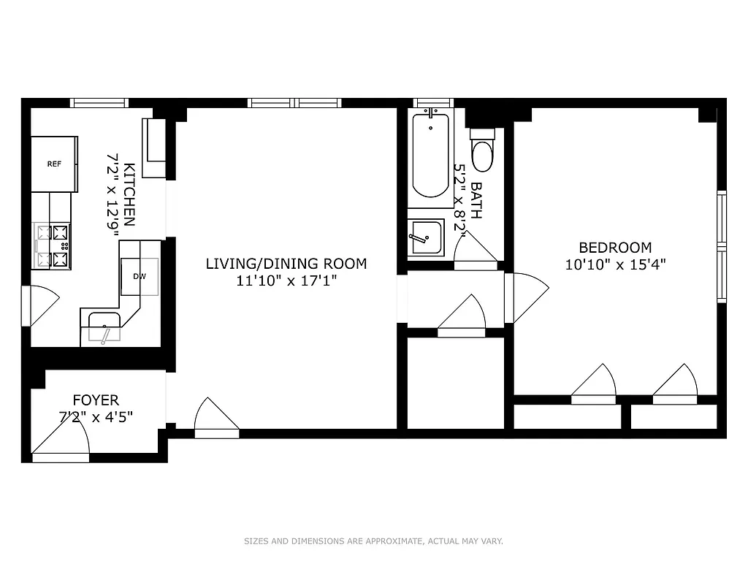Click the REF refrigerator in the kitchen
click(x=54, y=164)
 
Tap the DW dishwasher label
click(x=139, y=277)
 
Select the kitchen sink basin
click(x=104, y=327)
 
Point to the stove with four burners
click(x=53, y=246)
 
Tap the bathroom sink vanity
click(x=425, y=237)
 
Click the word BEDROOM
click(x=615, y=248)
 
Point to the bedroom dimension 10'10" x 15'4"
click(x=615, y=264)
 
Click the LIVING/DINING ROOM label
click(x=286, y=264)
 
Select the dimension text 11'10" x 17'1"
click(x=286, y=280)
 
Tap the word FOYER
click(x=96, y=400)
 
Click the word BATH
click(x=476, y=200)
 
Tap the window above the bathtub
click(x=433, y=103)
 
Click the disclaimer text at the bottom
click(x=373, y=541)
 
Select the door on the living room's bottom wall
click(x=217, y=420)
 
